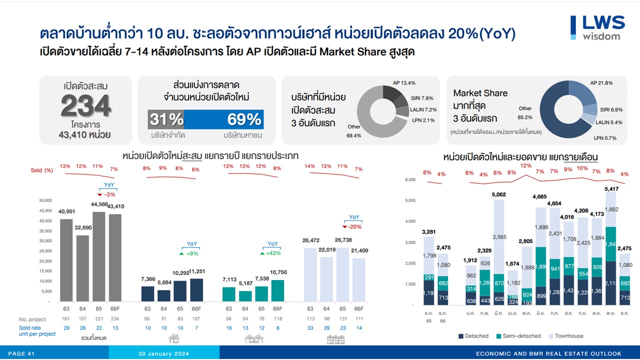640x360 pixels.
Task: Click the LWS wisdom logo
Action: (x=597, y=27)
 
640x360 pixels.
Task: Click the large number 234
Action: (x=86, y=106)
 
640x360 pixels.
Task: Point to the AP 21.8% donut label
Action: (x=601, y=83)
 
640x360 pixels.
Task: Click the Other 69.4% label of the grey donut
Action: (x=353, y=131)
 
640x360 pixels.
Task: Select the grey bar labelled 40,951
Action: (x=66, y=260)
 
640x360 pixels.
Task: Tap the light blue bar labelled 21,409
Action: (x=358, y=279)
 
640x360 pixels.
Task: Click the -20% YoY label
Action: (x=354, y=226)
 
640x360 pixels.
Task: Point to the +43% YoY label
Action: (x=272, y=253)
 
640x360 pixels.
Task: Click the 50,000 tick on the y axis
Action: (x=45, y=200)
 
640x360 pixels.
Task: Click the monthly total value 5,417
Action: (x=611, y=189)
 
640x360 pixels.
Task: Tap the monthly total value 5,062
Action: (x=499, y=194)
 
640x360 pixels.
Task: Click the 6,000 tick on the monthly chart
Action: (x=410, y=179)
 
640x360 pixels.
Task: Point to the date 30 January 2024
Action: (x=163, y=354)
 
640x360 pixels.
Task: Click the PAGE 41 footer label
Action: (x=21, y=354)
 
